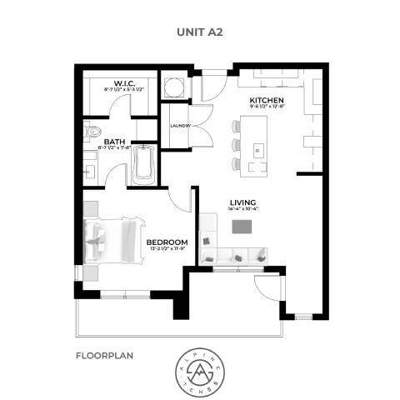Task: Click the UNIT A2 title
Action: pos(199,32)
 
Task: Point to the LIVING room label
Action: pos(242,200)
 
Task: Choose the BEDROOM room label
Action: pos(167,242)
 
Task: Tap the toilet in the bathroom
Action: pos(93,131)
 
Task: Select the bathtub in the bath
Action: pos(143,165)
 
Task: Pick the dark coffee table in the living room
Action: pos(242,225)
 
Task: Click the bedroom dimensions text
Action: pos(167,249)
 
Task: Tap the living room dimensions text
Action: pos(242,207)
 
